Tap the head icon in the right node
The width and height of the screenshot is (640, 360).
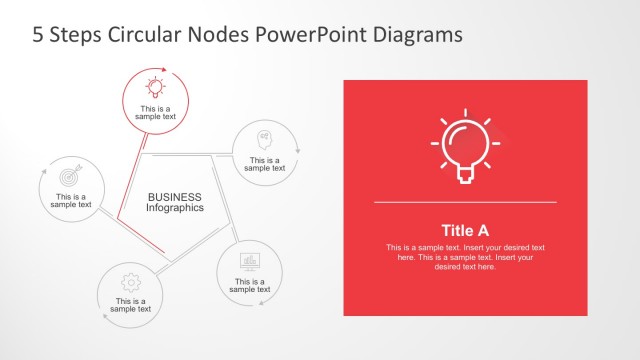[x=265, y=136]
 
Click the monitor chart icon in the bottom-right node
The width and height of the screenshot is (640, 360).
[x=250, y=261]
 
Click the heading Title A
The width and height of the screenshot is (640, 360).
[x=465, y=229]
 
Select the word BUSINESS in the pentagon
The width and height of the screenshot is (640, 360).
[x=175, y=197]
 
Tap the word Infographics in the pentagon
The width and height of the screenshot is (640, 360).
[x=175, y=208]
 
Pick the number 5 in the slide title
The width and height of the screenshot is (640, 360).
[x=39, y=34]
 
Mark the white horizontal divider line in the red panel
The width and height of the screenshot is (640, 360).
[x=465, y=203]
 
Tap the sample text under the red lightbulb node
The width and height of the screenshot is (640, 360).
[x=155, y=112]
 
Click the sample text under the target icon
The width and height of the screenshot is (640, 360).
[x=71, y=201]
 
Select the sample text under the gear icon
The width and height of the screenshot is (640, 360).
[x=130, y=305]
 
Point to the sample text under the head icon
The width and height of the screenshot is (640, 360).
[x=265, y=164]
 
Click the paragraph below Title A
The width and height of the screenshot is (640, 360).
[x=465, y=257]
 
